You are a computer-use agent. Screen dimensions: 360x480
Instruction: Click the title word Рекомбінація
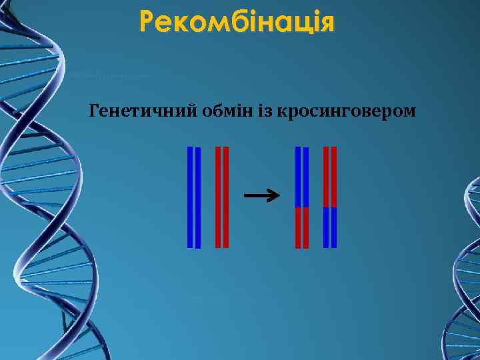click(237, 23)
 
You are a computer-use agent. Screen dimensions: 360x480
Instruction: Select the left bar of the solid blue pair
click(190, 197)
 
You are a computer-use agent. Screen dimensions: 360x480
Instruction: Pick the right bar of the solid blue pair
click(198, 197)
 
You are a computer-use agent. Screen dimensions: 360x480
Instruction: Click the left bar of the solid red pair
click(218, 197)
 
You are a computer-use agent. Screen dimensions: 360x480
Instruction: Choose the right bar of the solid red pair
click(226, 197)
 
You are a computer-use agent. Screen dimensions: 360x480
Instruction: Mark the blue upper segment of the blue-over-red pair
click(302, 177)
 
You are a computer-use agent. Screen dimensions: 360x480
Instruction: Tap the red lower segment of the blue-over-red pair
click(302, 227)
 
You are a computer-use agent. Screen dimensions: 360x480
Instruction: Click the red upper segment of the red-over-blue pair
click(330, 177)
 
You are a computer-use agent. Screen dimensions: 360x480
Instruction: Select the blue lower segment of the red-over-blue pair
click(330, 227)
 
